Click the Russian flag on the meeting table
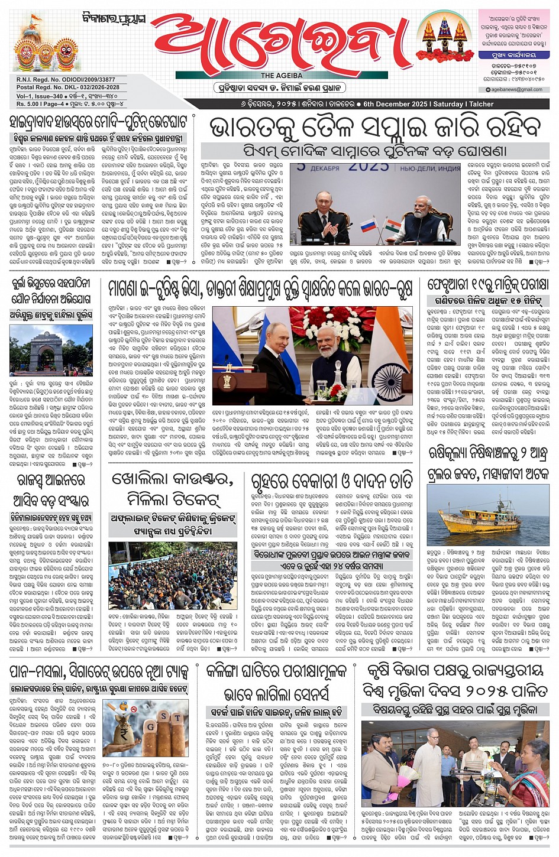[x=368, y=225]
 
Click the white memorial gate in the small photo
[x=51, y=353]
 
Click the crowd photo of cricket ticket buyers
[x=173, y=575]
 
